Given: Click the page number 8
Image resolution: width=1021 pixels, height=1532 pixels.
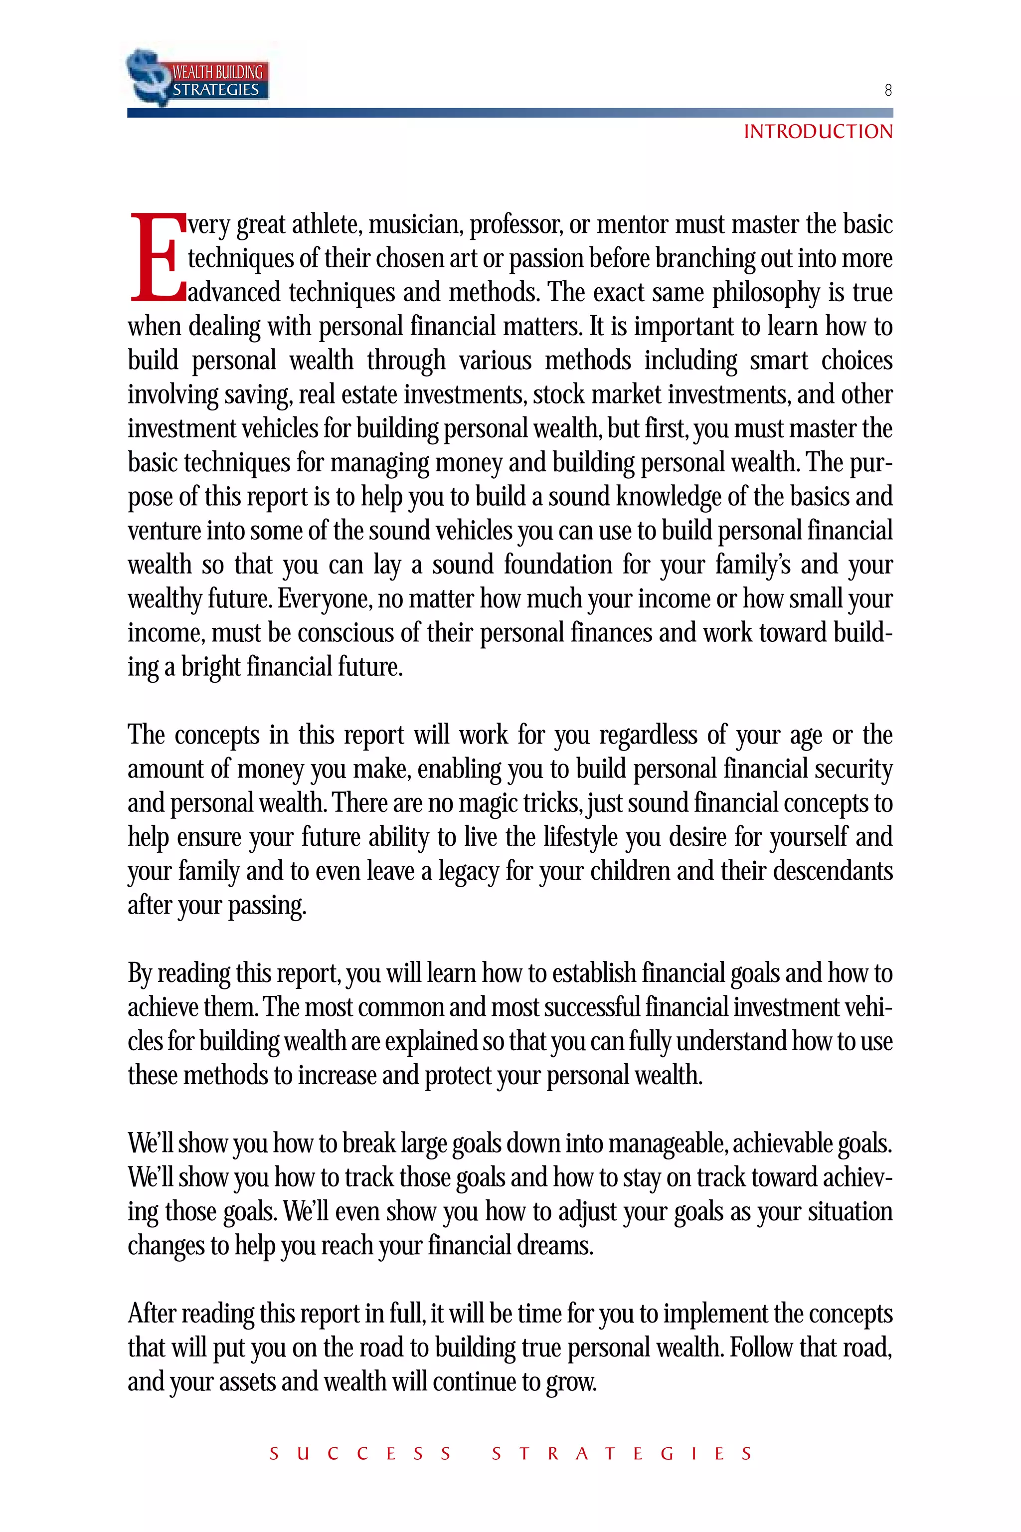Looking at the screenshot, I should [887, 90].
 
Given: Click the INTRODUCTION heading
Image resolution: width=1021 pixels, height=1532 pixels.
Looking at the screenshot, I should [818, 132].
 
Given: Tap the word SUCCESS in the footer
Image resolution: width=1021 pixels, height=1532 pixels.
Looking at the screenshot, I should [360, 1454].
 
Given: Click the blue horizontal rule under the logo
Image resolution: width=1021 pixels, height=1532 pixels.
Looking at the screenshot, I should [510, 113].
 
